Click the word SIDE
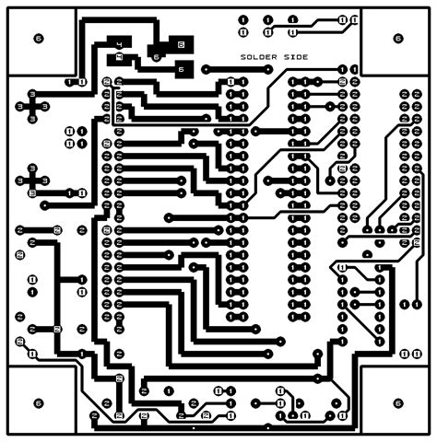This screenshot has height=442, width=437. point(295,57)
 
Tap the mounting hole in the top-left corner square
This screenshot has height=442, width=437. point(38,38)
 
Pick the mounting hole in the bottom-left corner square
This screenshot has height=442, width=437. point(38,402)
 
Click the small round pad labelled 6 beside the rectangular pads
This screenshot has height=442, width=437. point(157,57)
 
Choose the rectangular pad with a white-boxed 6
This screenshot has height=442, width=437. point(180,44)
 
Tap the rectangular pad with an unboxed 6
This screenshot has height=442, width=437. point(181,68)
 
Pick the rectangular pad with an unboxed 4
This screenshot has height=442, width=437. point(120,58)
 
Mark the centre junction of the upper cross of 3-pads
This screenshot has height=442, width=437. point(34,107)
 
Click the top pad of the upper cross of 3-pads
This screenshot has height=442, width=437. point(34,95)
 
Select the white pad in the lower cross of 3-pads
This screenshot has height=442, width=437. point(33,193)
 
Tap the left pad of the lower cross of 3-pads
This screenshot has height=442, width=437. point(20,180)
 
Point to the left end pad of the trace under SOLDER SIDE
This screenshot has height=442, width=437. point(206,70)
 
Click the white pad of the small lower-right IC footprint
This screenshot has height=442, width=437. point(342,268)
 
